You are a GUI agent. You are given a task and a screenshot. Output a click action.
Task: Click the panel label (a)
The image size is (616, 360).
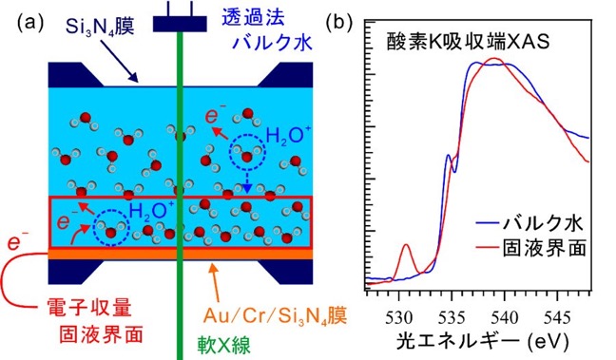coord(30,24)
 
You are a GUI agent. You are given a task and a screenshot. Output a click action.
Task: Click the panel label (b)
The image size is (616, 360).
coord(339,24)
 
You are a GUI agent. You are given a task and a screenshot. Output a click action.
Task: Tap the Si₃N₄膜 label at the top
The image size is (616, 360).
coord(100,27)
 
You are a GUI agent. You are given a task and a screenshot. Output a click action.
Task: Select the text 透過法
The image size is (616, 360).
coord(253,17)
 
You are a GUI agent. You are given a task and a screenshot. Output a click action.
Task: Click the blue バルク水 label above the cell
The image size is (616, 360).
coord(272,41)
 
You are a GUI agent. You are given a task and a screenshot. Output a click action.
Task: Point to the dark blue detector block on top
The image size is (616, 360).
coord(180,24)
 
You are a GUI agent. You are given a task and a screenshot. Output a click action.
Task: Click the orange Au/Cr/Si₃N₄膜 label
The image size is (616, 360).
coord(275,314)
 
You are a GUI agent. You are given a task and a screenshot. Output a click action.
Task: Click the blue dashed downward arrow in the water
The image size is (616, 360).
coord(247,180)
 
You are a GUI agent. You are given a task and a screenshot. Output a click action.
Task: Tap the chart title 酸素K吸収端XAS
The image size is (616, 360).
coord(468,43)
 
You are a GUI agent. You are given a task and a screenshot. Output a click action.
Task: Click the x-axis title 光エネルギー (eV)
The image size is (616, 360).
coord(482,341)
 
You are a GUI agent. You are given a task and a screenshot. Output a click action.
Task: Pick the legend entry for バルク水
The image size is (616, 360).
coord(529,224)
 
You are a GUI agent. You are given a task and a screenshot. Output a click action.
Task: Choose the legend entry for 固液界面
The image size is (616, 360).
coord(531,248)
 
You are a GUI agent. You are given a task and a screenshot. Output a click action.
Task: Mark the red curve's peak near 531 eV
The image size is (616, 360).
coord(406,244)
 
